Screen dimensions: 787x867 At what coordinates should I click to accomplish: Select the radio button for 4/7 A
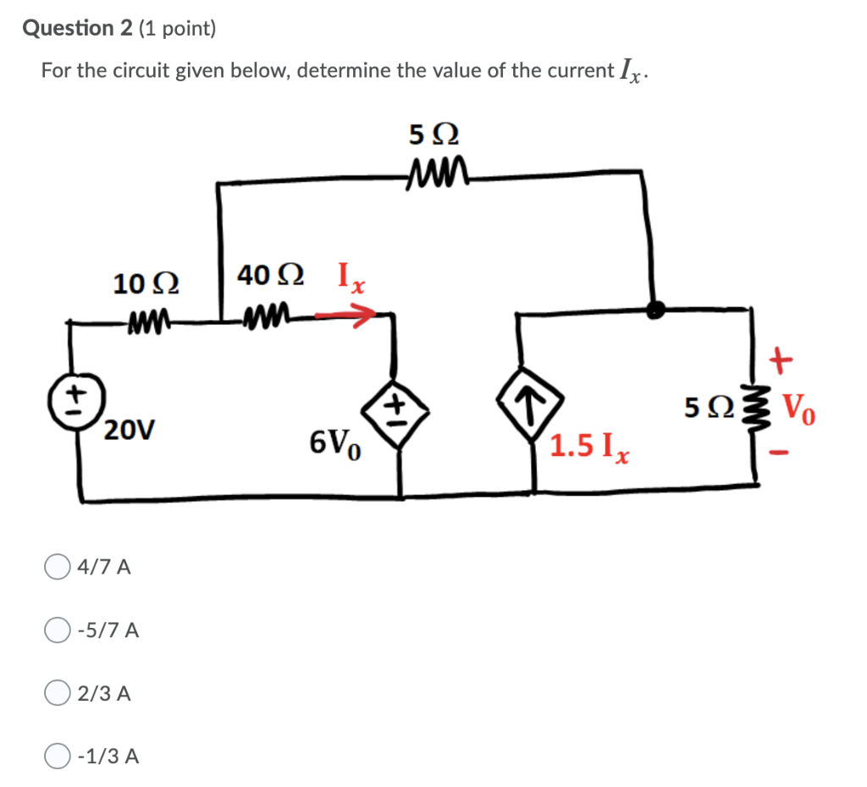(58, 566)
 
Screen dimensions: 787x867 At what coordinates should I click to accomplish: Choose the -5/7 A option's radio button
(58, 630)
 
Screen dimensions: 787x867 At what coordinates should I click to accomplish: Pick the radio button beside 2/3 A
(58, 693)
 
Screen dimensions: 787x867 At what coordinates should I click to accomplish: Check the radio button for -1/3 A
(58, 756)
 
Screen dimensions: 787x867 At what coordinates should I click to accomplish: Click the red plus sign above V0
(781, 362)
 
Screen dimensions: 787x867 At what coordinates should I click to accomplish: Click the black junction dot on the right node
(654, 310)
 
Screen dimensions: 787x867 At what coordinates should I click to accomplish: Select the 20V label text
(130, 431)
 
